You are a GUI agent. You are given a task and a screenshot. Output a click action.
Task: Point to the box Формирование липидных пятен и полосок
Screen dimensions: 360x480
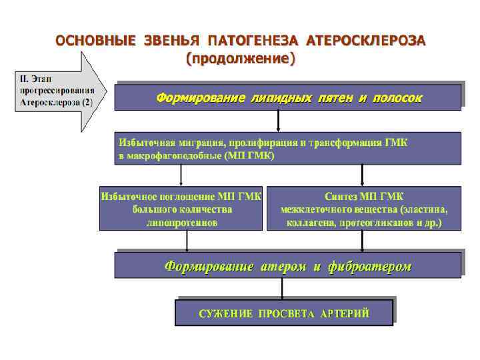[x=287, y=97]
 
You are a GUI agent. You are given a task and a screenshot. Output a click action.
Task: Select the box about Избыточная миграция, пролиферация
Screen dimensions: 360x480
[x=287, y=148]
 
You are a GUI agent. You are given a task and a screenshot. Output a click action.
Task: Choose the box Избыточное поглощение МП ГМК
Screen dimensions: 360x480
[x=181, y=209]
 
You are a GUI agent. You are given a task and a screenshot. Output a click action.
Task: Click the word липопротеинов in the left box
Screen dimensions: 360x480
[x=181, y=223]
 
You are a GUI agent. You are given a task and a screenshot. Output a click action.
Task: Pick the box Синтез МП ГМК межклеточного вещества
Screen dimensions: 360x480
[x=364, y=209]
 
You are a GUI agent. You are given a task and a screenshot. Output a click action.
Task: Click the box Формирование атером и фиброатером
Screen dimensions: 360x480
[x=287, y=265]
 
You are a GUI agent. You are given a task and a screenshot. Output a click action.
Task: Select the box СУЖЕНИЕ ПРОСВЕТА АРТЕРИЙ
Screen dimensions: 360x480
[x=283, y=313]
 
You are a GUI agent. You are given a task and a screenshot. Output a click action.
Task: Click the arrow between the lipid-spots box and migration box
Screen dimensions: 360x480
[x=278, y=121]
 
